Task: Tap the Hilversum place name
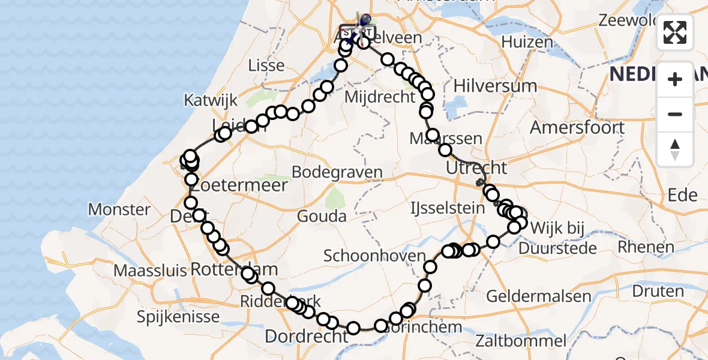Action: tap(495, 86)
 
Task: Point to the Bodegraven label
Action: tap(337, 172)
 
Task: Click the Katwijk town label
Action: tap(211, 100)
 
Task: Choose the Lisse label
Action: tap(265, 65)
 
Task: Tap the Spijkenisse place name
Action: tap(176, 316)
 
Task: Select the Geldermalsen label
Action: tap(530, 296)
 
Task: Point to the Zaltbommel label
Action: tap(520, 341)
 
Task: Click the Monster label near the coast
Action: tap(119, 209)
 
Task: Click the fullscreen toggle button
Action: tap(675, 33)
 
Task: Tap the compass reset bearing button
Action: tap(675, 149)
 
